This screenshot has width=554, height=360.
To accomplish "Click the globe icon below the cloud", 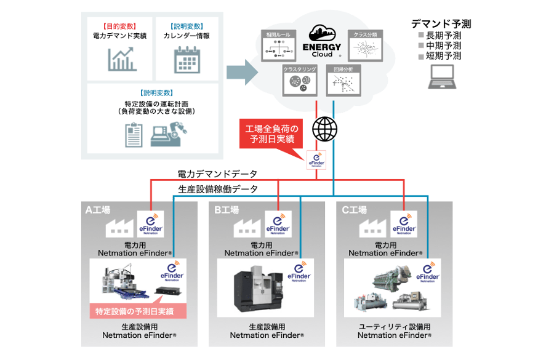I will click(x=325, y=129).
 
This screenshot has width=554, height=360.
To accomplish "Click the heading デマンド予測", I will click(x=441, y=24).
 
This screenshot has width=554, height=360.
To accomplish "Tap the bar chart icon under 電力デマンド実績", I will click(x=122, y=59).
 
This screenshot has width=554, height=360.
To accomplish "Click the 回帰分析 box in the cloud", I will click(x=343, y=80).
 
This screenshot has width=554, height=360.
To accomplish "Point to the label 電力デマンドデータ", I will click(x=217, y=174).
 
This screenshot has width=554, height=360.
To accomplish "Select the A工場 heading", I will click(x=97, y=210).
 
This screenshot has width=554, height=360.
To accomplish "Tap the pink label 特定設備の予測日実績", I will click(x=138, y=311).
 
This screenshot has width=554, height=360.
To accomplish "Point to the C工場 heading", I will click(x=354, y=210).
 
